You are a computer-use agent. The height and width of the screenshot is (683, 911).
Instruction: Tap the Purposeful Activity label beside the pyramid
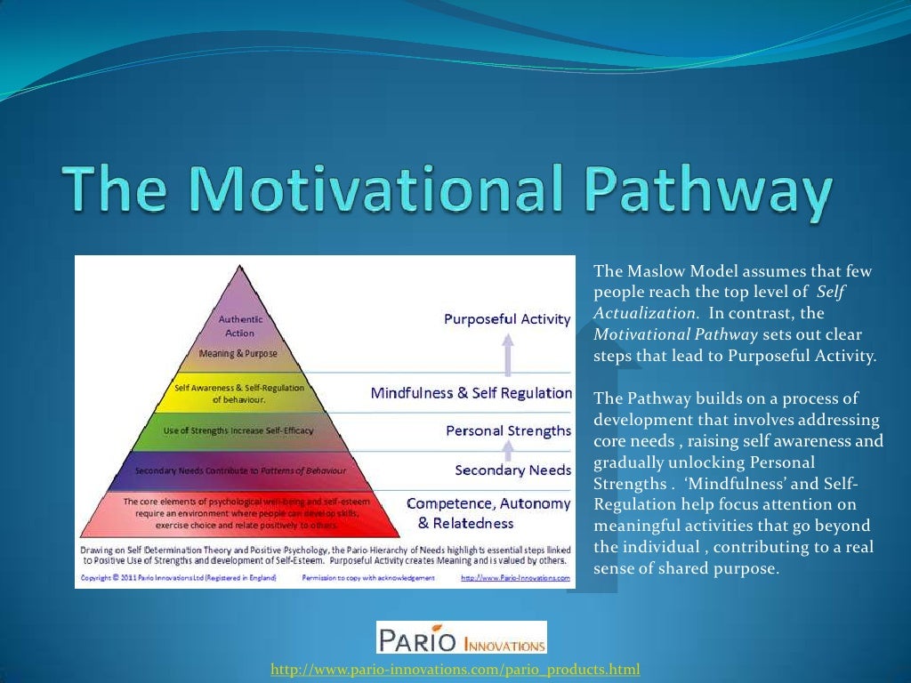click(507, 318)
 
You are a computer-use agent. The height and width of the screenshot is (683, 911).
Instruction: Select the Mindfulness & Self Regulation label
click(471, 392)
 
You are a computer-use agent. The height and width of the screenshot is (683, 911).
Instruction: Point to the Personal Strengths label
click(508, 430)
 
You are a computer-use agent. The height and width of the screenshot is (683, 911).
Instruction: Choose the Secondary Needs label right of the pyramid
click(512, 469)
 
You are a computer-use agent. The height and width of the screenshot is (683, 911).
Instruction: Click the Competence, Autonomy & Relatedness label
click(488, 513)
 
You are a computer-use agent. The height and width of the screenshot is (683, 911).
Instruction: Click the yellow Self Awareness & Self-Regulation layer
click(238, 393)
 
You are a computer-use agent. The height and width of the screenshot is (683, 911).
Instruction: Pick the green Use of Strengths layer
click(238, 430)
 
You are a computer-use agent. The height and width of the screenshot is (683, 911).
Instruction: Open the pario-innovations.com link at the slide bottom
click(455, 669)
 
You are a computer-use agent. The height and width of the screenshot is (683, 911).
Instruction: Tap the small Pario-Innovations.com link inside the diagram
click(515, 577)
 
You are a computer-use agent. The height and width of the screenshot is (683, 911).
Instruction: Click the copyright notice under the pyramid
click(179, 577)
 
